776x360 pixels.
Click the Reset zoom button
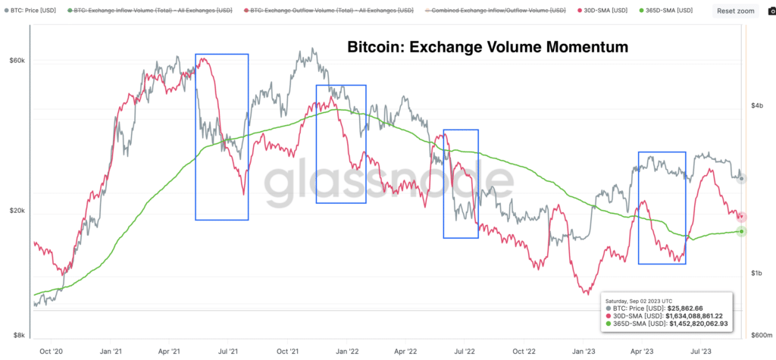tap(735, 11)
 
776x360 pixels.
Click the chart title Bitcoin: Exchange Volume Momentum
tap(487, 47)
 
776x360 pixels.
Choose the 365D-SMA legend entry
tap(671, 11)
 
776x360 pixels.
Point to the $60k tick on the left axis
tap(17, 61)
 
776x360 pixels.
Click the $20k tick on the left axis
tap(17, 211)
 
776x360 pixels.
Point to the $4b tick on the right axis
tap(757, 107)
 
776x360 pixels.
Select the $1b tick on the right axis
tap(757, 273)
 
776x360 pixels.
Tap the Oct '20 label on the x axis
tap(52, 351)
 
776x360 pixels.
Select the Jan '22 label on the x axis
tap(347, 351)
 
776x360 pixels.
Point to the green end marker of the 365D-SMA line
tap(742, 231)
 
